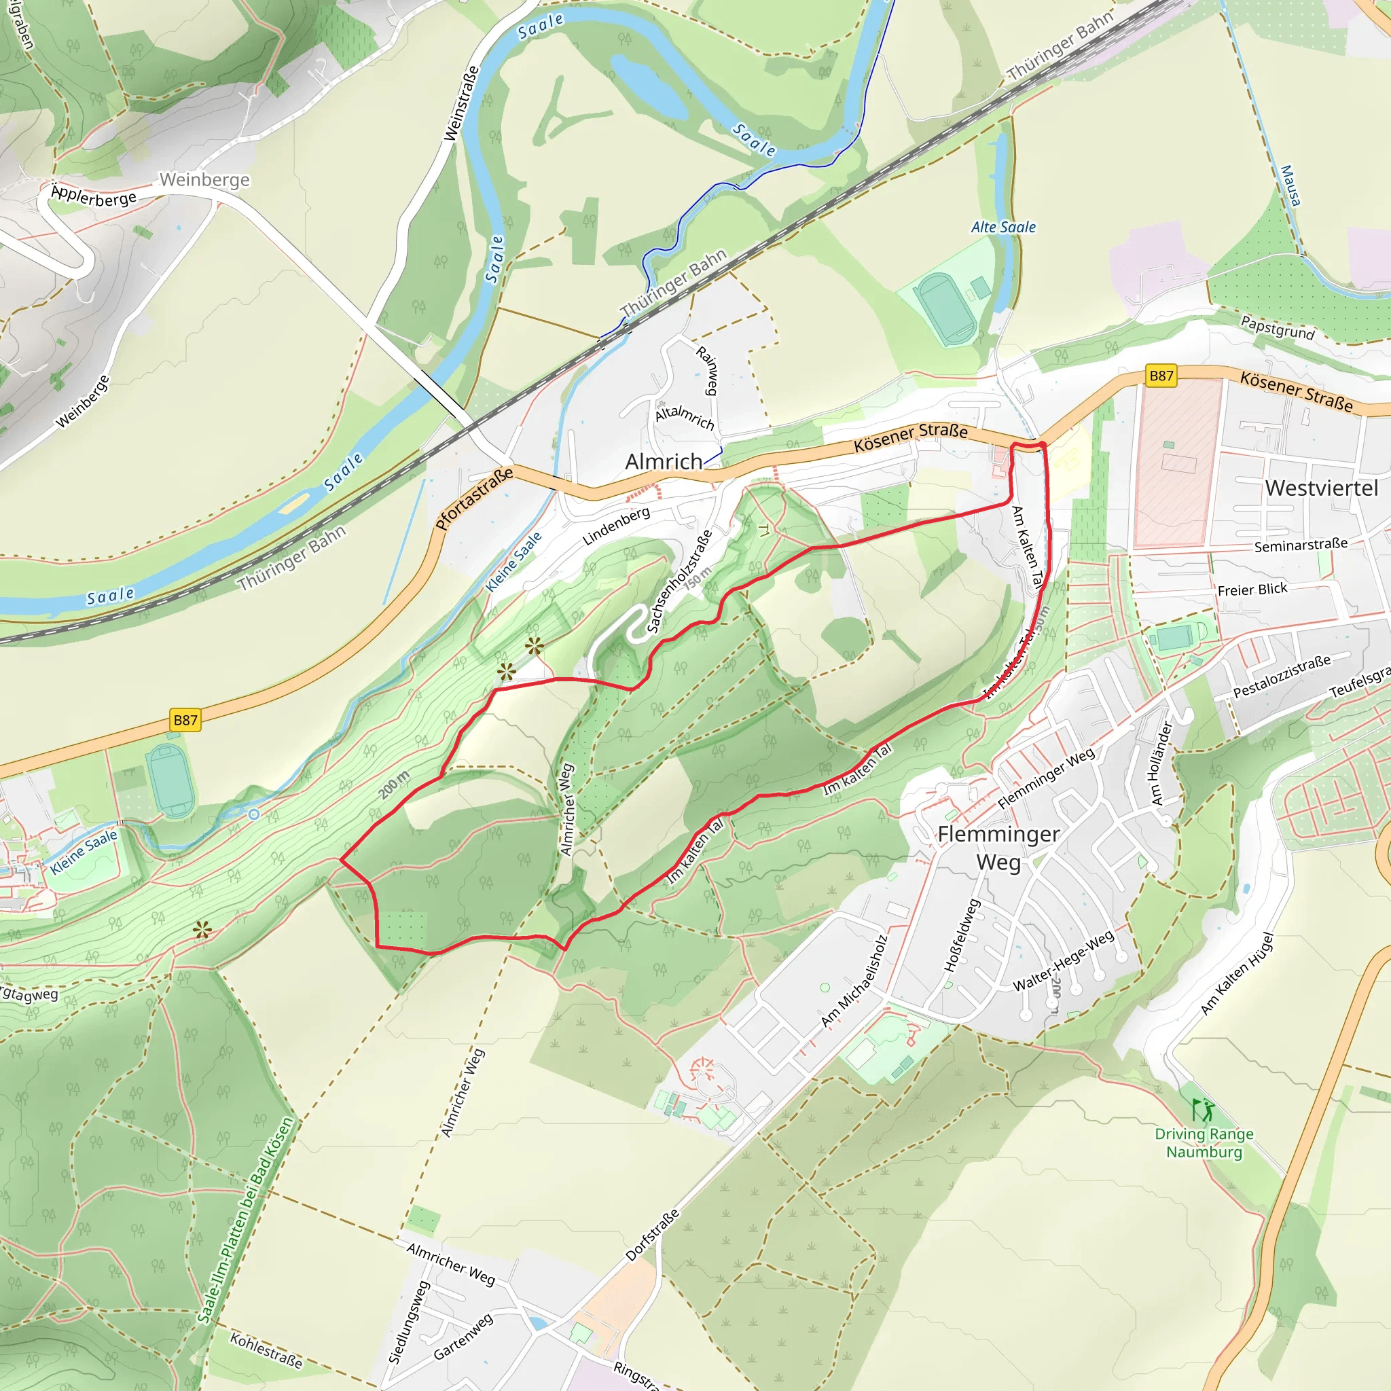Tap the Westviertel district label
pyautogui.click(x=1321, y=488)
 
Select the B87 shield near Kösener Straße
pyautogui.click(x=1161, y=375)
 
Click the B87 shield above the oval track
pyautogui.click(x=185, y=719)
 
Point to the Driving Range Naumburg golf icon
pyautogui.click(x=1203, y=1110)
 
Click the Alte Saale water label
pyautogui.click(x=1003, y=228)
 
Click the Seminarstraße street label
pyautogui.click(x=1300, y=545)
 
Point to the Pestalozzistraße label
pyautogui.click(x=1282, y=676)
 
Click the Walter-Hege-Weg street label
pyautogui.click(x=1064, y=960)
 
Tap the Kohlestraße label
pyautogui.click(x=266, y=1350)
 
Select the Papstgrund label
pyautogui.click(x=1278, y=328)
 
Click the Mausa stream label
pyautogui.click(x=1290, y=185)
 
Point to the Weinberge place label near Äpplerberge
pyautogui.click(x=204, y=179)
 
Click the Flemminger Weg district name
pyautogui.click(x=998, y=848)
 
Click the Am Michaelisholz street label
pyautogui.click(x=854, y=981)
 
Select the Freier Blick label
pyautogui.click(x=1252, y=590)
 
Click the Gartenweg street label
pyautogui.click(x=464, y=1336)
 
